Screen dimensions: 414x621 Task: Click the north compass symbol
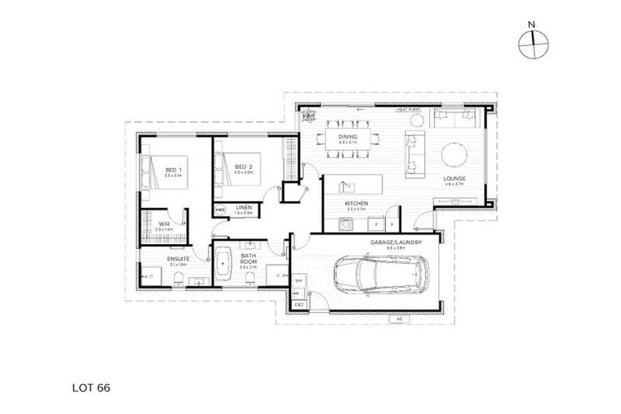pos(530,44)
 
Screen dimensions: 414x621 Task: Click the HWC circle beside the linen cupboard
pos(220,209)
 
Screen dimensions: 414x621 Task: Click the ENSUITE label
pos(178,260)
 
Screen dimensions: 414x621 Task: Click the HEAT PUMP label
pos(407,111)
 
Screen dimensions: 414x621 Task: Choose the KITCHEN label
pos(357,203)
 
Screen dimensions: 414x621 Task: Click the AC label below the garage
pos(399,319)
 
